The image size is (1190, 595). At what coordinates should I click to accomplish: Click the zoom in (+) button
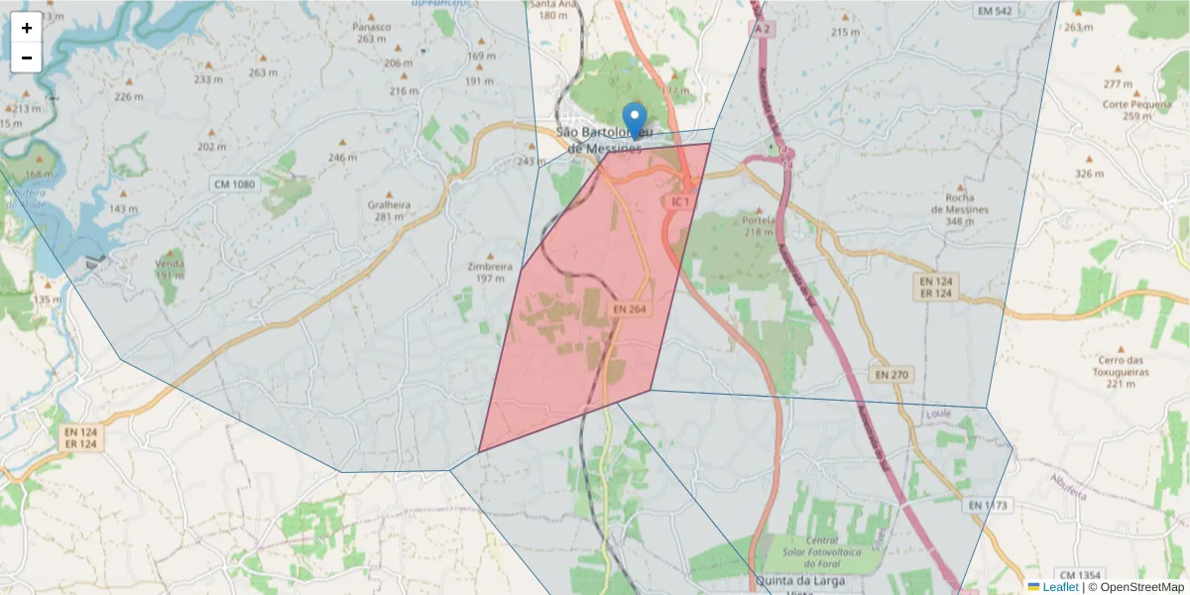point(27,28)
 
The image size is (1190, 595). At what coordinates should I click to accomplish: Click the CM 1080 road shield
point(233,184)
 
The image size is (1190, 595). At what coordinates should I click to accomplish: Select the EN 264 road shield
point(630,309)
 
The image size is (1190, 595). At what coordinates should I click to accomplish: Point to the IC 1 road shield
point(679,202)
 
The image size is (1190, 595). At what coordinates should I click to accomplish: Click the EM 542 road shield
point(994,11)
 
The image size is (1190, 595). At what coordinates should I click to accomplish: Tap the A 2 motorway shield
point(761,30)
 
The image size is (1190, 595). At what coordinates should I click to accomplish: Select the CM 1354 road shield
point(1080,575)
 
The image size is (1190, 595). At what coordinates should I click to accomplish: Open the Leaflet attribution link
point(1060,587)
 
